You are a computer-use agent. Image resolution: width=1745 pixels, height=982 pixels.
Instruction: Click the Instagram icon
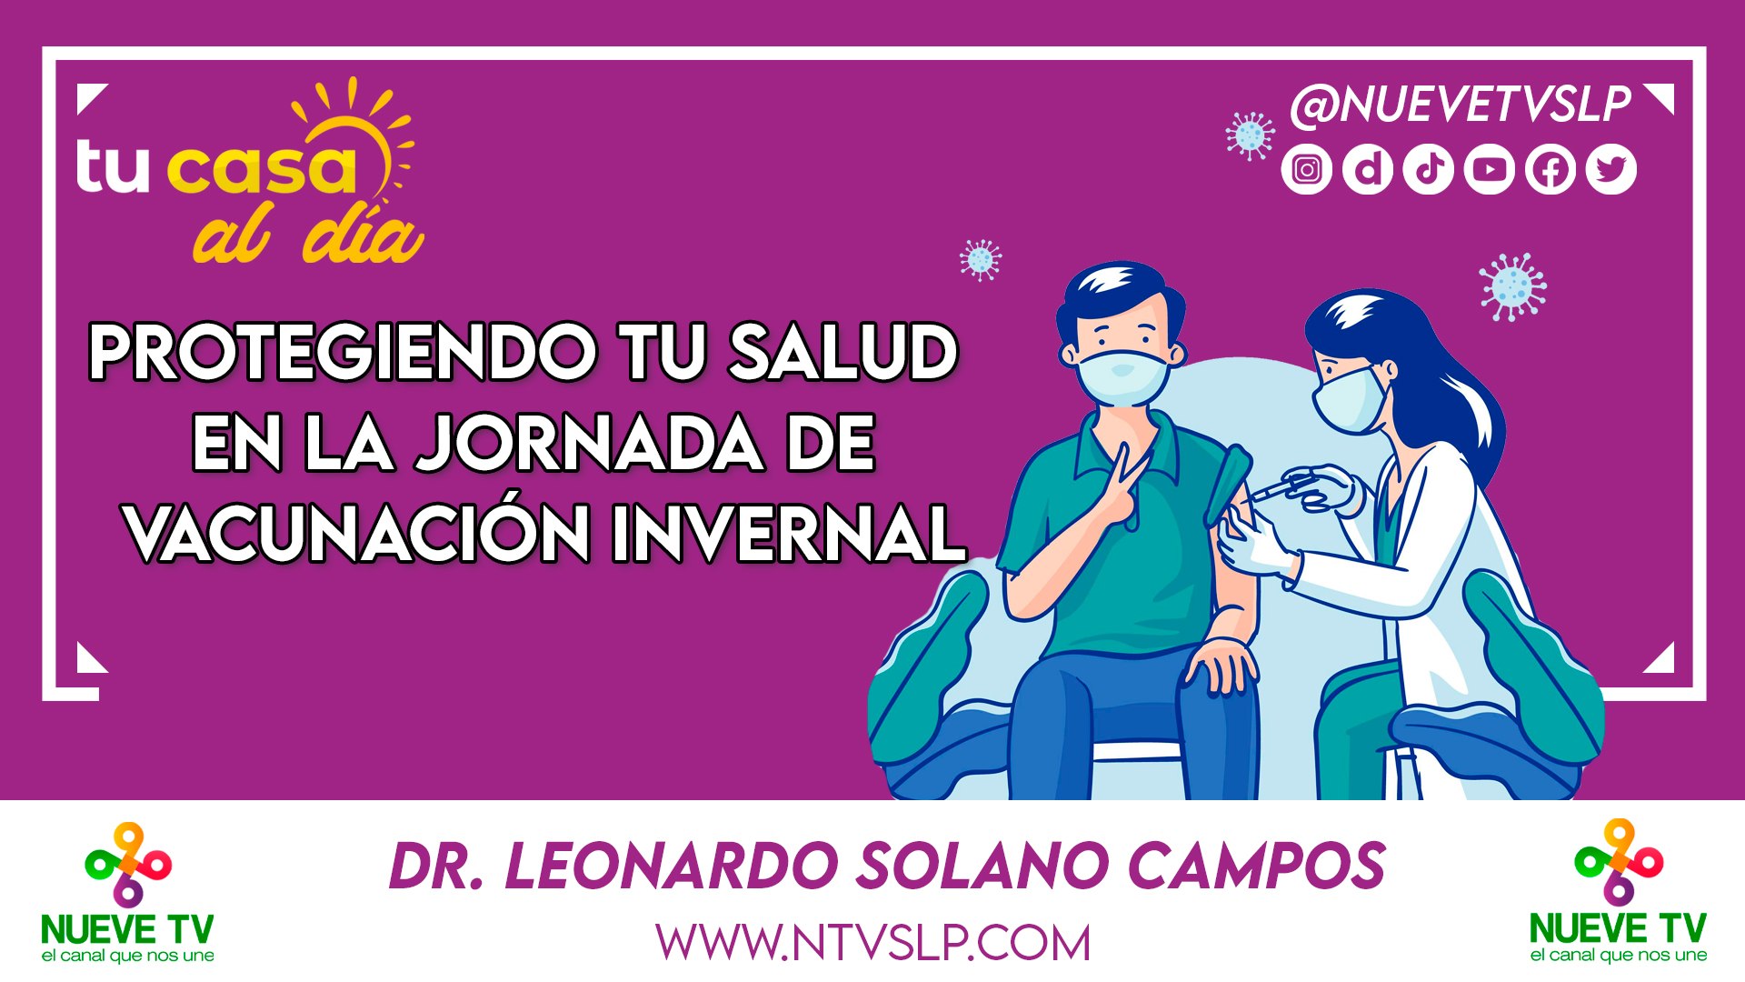point(1307,170)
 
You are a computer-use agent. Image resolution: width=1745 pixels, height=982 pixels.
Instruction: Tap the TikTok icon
point(1429,170)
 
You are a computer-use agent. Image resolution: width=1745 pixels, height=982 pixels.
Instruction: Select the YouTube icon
point(1490,170)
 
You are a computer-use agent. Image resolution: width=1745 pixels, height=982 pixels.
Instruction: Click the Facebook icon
point(1551,170)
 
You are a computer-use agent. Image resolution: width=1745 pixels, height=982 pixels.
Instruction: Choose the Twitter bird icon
point(1611,170)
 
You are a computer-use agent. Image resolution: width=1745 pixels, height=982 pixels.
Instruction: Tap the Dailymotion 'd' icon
point(1368,170)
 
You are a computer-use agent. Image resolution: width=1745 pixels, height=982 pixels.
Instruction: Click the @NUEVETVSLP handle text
point(1461,105)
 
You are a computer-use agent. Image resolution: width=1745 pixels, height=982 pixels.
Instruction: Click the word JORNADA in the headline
point(589,443)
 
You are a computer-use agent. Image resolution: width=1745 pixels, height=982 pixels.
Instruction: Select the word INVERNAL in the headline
point(787,534)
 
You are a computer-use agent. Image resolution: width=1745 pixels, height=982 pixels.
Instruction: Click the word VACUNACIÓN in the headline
point(358,534)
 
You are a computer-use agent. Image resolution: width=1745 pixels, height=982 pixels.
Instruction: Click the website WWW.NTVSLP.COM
point(872,943)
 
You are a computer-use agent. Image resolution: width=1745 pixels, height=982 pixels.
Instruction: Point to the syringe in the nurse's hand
point(1277,488)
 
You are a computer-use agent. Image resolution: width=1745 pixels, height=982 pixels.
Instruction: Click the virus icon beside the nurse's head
point(1511,286)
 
